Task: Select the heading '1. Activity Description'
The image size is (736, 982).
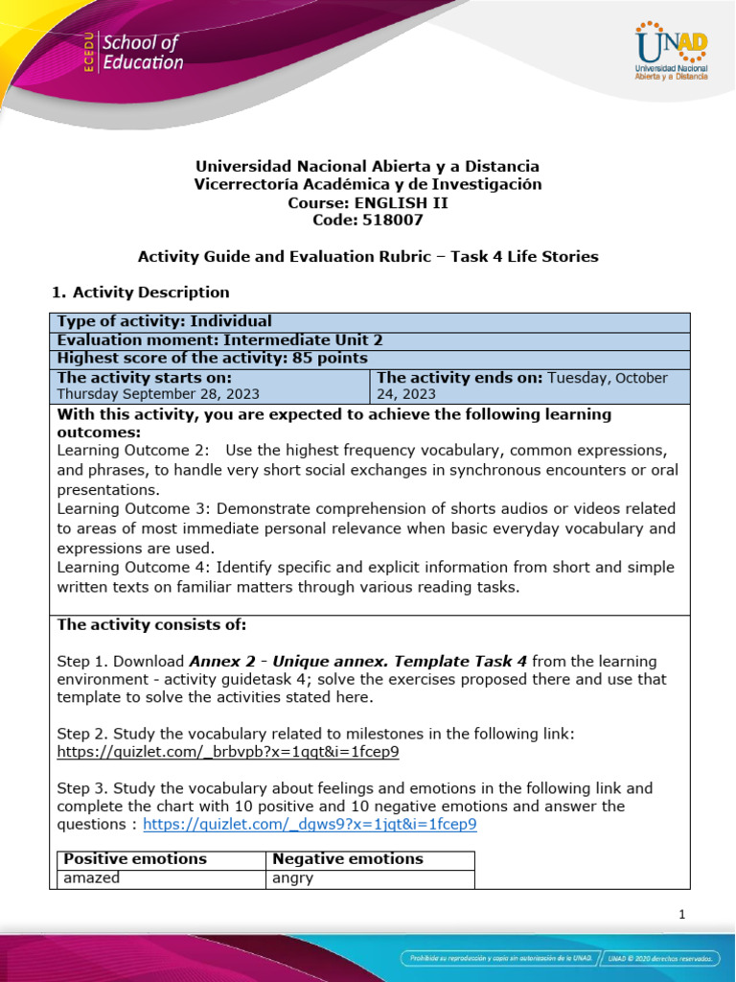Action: pyautogui.click(x=139, y=292)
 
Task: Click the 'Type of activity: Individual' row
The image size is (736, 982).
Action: pyautogui.click(x=165, y=321)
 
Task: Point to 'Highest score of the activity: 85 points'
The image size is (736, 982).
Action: pyautogui.click(x=213, y=358)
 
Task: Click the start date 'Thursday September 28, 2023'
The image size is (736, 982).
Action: pyautogui.click(x=158, y=393)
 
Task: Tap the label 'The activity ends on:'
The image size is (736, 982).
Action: pyautogui.click(x=460, y=377)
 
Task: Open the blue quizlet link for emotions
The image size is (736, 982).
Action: pyautogui.click(x=310, y=824)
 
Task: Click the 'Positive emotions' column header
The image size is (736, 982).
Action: pyautogui.click(x=134, y=858)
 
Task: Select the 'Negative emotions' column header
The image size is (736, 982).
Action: pyautogui.click(x=348, y=858)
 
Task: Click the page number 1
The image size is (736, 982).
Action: pyautogui.click(x=681, y=914)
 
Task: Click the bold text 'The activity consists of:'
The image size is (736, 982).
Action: pyautogui.click(x=151, y=624)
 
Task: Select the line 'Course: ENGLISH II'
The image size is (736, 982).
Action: pyautogui.click(x=368, y=202)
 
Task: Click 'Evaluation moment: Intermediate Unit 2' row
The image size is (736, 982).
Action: pyautogui.click(x=207, y=339)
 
